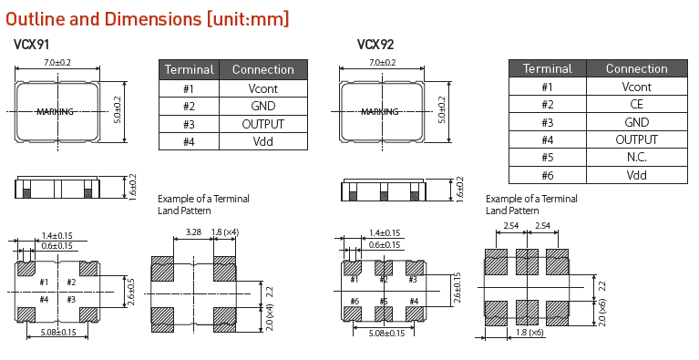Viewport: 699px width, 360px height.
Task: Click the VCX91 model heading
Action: click(31, 45)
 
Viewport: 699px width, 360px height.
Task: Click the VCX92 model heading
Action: click(375, 45)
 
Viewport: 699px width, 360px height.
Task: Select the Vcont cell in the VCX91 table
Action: click(263, 88)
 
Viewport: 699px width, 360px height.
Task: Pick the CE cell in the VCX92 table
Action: click(637, 104)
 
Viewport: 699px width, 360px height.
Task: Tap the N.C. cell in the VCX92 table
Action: click(637, 158)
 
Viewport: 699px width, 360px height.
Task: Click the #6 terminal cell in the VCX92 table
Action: click(548, 175)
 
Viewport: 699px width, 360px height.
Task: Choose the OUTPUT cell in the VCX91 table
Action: click(263, 124)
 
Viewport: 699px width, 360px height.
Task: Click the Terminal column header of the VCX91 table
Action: click(189, 70)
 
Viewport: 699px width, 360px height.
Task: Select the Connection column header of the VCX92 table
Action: click(637, 68)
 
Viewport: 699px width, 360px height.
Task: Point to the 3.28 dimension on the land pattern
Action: click(193, 232)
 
